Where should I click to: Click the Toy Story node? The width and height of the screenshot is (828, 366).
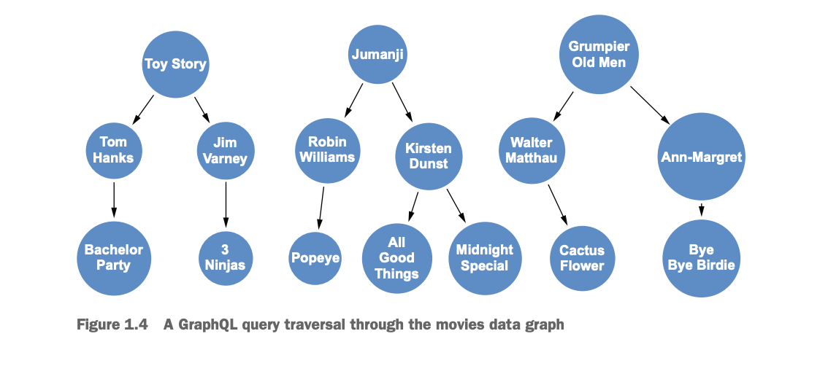click(175, 64)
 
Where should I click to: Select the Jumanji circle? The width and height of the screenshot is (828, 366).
click(377, 55)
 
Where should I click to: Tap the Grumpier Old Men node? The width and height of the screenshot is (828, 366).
click(599, 55)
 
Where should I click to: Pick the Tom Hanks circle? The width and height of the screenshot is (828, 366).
click(113, 150)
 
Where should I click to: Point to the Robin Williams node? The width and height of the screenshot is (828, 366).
click(327, 150)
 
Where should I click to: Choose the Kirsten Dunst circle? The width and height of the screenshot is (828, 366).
click(429, 157)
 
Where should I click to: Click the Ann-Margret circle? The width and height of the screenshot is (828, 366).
click(701, 157)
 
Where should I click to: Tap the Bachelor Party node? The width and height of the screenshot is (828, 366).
click(113, 258)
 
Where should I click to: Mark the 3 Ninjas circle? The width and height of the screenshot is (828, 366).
click(226, 258)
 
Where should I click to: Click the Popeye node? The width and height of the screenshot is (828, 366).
click(315, 258)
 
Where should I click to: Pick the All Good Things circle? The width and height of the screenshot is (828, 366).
click(396, 258)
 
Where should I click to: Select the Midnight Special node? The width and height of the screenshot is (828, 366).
click(484, 258)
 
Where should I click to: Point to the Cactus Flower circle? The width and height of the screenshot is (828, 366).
click(582, 258)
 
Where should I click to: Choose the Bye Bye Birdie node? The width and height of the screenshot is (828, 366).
click(701, 258)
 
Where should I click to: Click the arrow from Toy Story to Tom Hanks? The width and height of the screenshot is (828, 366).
click(142, 109)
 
